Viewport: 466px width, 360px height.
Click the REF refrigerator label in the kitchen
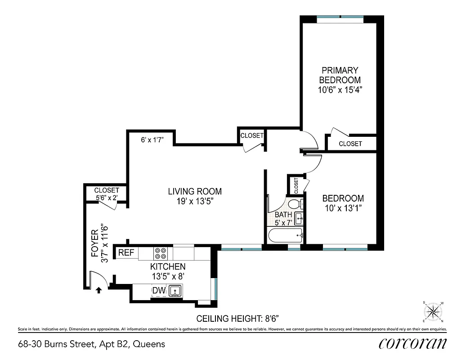(x=126, y=253)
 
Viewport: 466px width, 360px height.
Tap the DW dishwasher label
(x=158, y=291)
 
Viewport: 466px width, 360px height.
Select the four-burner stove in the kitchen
(x=161, y=253)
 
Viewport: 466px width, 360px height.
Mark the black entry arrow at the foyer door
(x=99, y=291)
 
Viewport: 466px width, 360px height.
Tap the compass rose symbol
(x=432, y=311)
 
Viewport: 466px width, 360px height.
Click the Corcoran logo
(x=412, y=343)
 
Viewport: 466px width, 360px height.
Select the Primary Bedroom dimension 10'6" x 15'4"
(x=340, y=90)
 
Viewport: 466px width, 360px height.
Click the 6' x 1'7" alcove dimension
(x=152, y=140)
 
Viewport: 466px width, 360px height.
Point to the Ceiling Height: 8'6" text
(x=238, y=319)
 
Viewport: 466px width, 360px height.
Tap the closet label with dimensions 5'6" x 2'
(x=107, y=194)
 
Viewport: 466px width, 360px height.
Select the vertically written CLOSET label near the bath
(x=296, y=185)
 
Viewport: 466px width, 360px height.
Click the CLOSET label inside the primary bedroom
(x=350, y=144)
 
